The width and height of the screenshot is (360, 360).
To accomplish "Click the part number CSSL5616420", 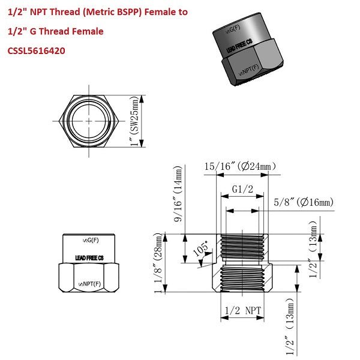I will tap(37, 51).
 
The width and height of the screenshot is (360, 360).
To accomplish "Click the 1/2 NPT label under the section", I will tap(241, 311).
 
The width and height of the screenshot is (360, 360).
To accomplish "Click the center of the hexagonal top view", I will tap(88, 120).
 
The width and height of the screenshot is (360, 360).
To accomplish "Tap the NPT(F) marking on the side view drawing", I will tap(90, 283).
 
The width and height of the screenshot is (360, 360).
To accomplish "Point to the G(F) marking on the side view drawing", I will tap(90, 240).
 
